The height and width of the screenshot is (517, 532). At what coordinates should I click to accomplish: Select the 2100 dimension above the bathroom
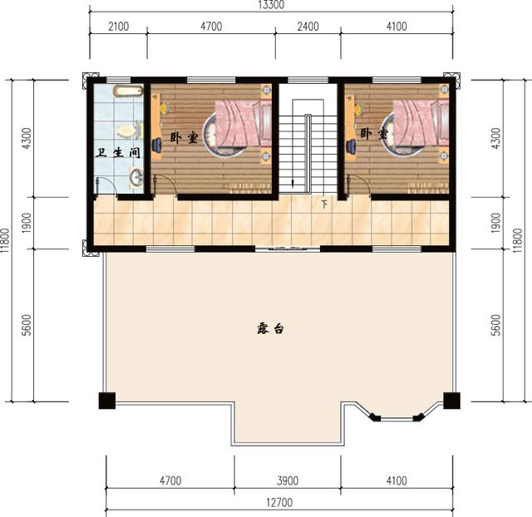coord(118,27)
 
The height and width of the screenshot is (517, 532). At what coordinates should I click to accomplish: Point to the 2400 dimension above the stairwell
coord(308,27)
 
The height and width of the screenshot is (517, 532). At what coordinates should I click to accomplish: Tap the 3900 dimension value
coord(287,480)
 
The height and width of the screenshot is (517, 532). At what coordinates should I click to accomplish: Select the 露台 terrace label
coord(271,329)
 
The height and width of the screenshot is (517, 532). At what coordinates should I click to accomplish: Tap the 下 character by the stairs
coord(324,203)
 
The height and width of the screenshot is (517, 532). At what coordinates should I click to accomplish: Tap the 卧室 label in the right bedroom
coord(373,133)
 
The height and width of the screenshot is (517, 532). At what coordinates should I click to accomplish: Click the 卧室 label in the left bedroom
coord(184,137)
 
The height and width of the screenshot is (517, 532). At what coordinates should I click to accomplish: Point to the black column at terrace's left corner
coord(106,400)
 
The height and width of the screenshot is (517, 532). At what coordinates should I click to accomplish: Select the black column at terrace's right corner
coord(451,400)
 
